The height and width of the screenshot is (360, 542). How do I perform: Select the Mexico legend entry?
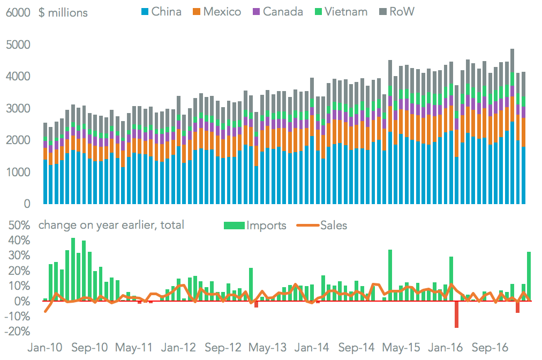point(217,11)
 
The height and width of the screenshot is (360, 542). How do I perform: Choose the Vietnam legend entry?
point(340,11)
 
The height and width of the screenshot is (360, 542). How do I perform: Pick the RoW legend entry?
point(396,11)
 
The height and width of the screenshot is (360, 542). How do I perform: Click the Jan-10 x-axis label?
point(45,347)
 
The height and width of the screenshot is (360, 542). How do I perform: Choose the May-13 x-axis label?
point(268,347)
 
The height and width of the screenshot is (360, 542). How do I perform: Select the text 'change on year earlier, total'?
point(111,225)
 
